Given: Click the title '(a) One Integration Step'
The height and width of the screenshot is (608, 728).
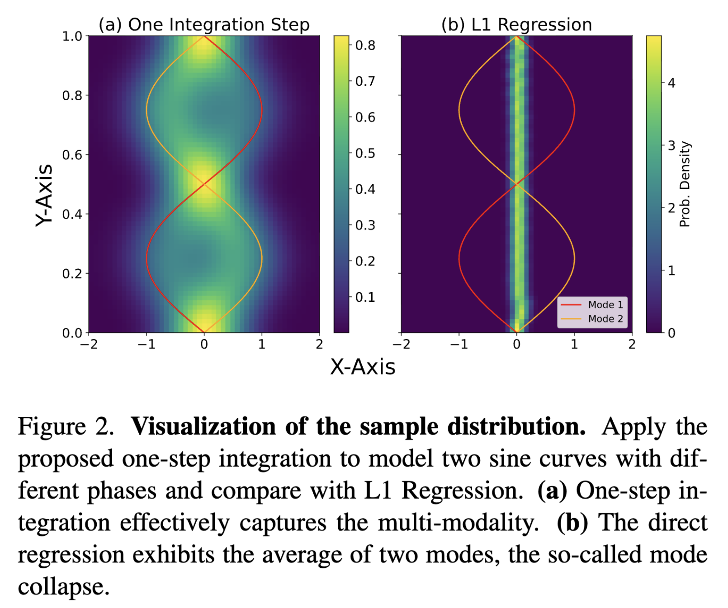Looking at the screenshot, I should pos(204,24).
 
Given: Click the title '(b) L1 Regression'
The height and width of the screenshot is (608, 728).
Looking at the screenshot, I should pos(516,24).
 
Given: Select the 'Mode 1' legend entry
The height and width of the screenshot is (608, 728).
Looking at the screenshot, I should pos(605,304).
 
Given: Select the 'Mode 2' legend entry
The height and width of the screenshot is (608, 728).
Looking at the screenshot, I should pos(605,318).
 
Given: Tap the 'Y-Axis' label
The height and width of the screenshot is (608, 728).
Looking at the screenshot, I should pos(44,195).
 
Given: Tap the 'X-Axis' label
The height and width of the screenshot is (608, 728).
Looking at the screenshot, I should pos(363,367).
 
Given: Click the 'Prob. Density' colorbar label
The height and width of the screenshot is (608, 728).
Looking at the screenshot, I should pos(685,184).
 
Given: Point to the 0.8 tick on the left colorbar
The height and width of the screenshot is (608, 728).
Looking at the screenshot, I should pos(365,45).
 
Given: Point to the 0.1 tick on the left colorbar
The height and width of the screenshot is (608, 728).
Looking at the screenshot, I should pos(365,297).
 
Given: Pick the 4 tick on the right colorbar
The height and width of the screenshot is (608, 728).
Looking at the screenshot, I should pos(671,83).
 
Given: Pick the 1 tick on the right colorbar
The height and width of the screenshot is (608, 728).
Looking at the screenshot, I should pos(671,271).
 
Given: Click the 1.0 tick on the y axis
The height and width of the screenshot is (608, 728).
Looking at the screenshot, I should pos(72,36).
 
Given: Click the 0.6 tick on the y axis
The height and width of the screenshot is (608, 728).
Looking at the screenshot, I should pos(72,155).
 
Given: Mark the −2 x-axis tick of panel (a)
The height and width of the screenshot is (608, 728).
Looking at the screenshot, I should pos(89,344).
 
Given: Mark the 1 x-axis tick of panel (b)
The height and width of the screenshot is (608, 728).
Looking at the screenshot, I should pos(574,344).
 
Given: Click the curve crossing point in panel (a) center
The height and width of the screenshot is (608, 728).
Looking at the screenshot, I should pos(204,184).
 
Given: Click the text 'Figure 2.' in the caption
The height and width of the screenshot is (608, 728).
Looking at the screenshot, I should pos(66,426).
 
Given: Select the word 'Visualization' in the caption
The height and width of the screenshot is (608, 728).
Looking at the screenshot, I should pos(203,426).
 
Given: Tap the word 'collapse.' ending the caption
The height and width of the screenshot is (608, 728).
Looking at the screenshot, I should pos(64,586).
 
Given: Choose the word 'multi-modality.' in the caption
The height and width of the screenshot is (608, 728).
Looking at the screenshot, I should pos(458,523).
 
